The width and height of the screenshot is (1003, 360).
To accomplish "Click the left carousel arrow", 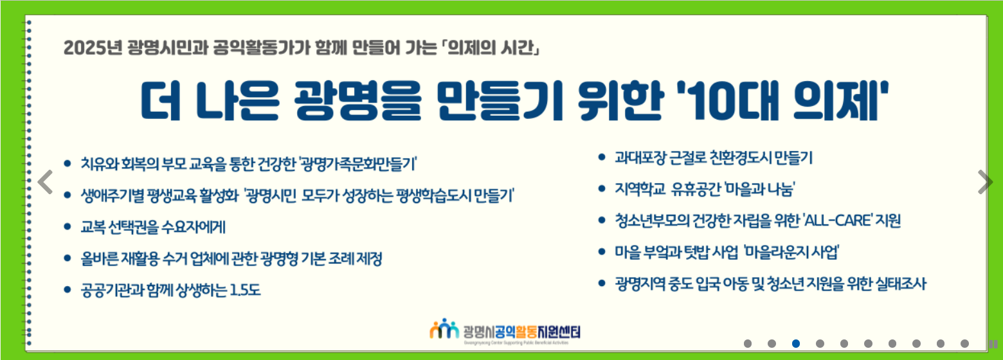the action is (x=45, y=182).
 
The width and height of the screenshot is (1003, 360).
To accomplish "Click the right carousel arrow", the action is (x=985, y=182).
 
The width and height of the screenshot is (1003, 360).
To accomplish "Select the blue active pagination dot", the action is (x=796, y=343).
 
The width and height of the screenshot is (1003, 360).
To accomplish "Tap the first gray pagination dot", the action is (x=747, y=343).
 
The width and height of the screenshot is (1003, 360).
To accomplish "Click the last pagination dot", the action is (x=964, y=343).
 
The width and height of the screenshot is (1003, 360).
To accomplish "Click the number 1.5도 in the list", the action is (x=245, y=290).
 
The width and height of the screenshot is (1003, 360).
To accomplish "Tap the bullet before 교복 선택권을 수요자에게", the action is (x=68, y=226).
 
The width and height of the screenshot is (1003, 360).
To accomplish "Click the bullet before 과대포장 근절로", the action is (x=602, y=157).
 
